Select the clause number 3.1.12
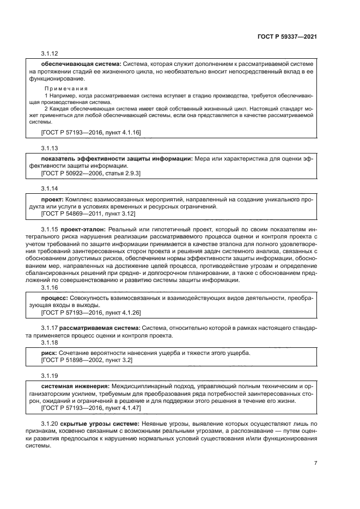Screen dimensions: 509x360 pyautogui.click(x=50, y=54)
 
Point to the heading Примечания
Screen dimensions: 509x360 pyautogui.click(x=65, y=88)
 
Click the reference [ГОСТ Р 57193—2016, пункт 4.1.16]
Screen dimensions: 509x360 pyautogui.click(x=91, y=132)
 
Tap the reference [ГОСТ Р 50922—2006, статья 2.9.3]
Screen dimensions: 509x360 pyautogui.click(x=91, y=173)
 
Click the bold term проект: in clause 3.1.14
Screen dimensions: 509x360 pyautogui.click(x=53, y=200)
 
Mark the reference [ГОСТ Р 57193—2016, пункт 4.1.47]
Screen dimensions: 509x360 pyautogui.click(x=91, y=408)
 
